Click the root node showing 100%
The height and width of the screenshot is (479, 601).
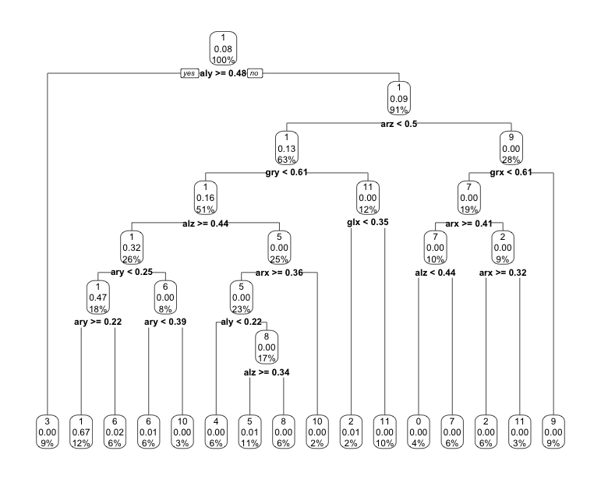point(223,48)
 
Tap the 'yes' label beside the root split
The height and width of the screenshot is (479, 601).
point(189,73)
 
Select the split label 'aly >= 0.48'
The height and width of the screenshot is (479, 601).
point(223,73)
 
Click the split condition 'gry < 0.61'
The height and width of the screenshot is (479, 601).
point(287,172)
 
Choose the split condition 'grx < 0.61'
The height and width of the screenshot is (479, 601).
point(511,172)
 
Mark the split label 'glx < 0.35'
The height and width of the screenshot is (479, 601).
point(367,222)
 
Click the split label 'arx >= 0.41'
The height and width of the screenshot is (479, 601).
point(469,224)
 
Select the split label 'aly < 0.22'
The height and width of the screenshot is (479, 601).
point(241,321)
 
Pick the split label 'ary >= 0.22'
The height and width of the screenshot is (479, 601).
point(97,321)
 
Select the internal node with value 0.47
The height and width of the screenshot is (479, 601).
point(97,296)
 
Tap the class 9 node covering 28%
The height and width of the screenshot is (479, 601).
point(511,147)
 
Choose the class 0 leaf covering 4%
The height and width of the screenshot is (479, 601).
point(419,431)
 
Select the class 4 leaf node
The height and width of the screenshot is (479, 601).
point(216,431)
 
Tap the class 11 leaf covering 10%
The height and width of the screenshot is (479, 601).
point(384,431)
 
